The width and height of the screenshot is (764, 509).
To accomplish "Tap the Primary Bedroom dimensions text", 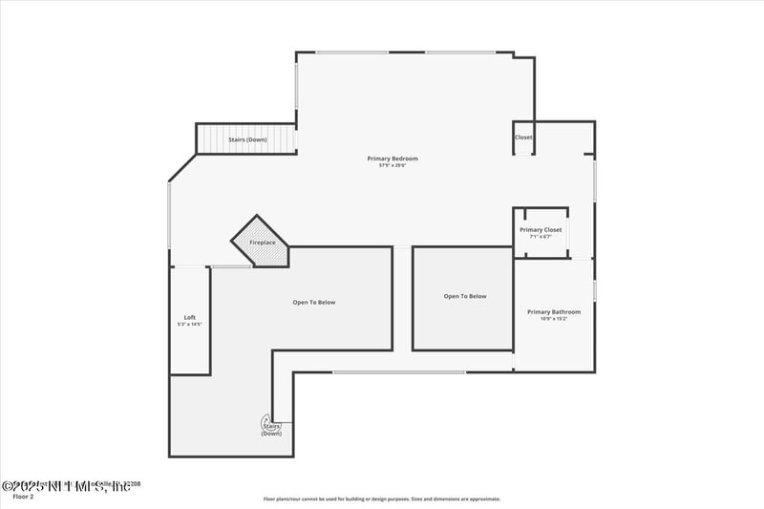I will (x=393, y=166).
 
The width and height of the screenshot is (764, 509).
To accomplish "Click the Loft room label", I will (x=189, y=317).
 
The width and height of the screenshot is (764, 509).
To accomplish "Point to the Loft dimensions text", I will (x=189, y=325).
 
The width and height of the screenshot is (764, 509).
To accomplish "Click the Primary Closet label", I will (x=541, y=230).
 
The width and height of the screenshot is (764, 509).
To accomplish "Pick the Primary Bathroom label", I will (x=554, y=311).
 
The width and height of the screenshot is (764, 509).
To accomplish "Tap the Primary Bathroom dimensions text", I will (x=554, y=319).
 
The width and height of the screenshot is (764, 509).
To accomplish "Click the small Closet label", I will (x=523, y=138).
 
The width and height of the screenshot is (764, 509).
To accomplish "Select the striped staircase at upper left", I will (x=247, y=139).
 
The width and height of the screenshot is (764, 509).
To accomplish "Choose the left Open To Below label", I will (x=314, y=303).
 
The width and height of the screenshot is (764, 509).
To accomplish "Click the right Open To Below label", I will (x=465, y=296).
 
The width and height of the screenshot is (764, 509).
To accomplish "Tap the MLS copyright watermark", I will (x=67, y=486).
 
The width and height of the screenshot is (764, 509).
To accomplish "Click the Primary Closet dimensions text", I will (x=541, y=238).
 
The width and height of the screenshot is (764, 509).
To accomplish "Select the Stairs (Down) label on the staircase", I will (x=247, y=140).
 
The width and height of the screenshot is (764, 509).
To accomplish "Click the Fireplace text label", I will (x=263, y=244).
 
